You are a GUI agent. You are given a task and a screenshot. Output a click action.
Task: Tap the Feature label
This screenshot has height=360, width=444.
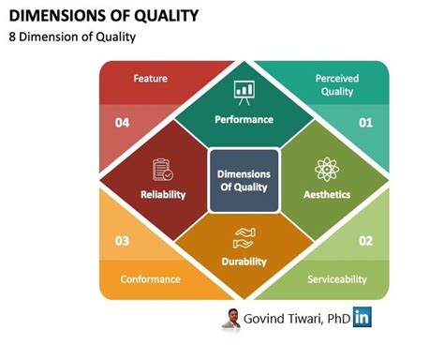(150, 79)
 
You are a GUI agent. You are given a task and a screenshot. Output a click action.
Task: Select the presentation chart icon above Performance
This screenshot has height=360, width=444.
(244, 92)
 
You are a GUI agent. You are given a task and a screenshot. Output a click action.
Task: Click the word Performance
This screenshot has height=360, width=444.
(244, 119)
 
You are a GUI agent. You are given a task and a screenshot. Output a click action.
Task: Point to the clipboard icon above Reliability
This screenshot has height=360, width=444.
(163, 170)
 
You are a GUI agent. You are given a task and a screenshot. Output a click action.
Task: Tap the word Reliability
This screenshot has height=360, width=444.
(163, 194)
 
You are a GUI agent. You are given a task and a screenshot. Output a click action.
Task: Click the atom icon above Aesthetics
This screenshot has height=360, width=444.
(327, 170)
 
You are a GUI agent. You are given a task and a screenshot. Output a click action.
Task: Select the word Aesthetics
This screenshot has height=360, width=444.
(327, 194)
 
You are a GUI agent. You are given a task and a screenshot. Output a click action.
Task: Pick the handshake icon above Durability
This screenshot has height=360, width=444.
(244, 235)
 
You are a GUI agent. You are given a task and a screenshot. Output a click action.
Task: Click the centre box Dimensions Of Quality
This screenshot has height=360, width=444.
(244, 179)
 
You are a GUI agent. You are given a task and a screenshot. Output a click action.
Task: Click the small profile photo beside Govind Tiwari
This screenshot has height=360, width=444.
(229, 319)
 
